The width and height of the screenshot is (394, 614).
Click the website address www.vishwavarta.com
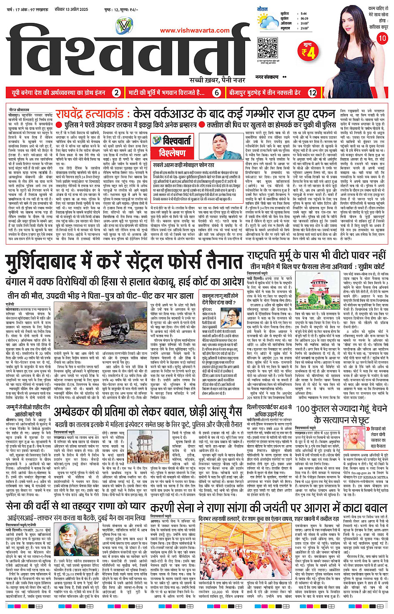click(x=195, y=30)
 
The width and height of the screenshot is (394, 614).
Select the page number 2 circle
click(x=117, y=93)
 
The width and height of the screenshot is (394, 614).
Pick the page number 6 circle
click(x=216, y=93)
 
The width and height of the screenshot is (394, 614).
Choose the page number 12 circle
click(x=312, y=93)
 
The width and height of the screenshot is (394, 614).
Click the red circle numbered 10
click(x=382, y=38)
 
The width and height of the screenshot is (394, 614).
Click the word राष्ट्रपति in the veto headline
click(x=271, y=255)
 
